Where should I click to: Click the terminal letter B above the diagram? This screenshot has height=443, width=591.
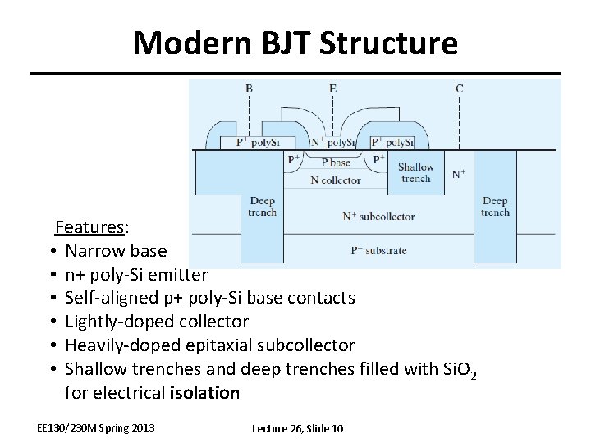point(250,87)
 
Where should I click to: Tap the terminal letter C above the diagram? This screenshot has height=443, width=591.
point(459,87)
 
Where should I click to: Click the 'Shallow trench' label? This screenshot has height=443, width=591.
point(416,173)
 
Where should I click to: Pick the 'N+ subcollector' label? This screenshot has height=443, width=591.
point(378,217)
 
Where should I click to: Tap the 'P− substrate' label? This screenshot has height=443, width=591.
point(379,250)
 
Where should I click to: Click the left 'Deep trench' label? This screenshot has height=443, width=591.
point(262,207)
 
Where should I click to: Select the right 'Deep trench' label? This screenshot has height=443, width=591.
point(495,207)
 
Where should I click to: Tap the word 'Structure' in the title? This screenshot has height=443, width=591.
point(394,43)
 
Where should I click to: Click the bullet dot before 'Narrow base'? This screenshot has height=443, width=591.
point(51,250)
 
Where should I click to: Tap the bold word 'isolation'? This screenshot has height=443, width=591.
point(204,392)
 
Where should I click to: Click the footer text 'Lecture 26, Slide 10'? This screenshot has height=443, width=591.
point(297,428)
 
